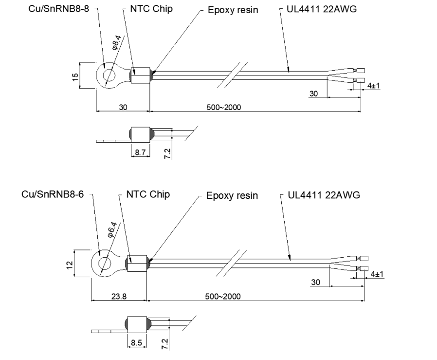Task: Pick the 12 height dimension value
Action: pos(69,264)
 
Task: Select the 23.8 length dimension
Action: pos(117,296)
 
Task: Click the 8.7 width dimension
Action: pos(140,152)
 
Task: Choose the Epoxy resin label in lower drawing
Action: pos(232,196)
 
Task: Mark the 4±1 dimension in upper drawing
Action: pos(374,85)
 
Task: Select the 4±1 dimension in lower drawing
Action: pos(377,274)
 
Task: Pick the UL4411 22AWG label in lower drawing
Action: pos(324,195)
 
